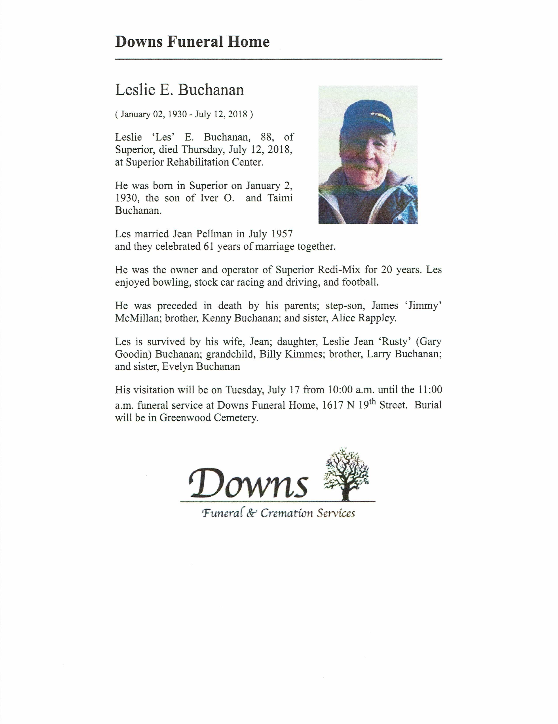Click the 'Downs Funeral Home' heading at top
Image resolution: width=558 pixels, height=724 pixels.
(x=192, y=42)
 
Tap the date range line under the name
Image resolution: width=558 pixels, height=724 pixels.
(x=184, y=114)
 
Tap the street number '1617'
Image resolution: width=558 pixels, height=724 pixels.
(x=333, y=405)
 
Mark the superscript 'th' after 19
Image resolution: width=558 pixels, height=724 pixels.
(x=372, y=401)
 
